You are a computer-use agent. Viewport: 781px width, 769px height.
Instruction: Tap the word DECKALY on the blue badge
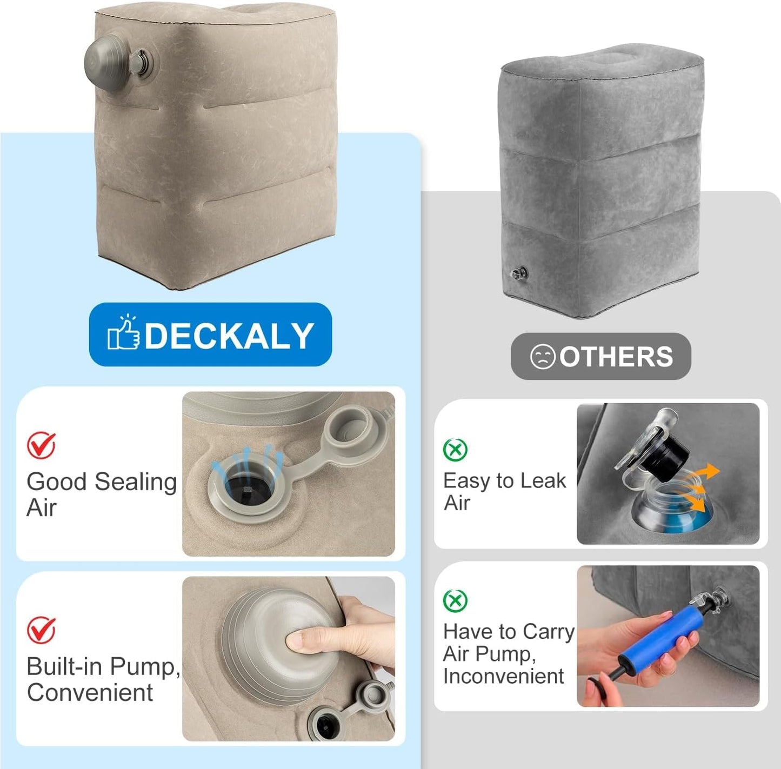pyautogui.click(x=229, y=335)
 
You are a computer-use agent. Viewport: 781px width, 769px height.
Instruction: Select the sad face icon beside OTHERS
pyautogui.click(x=542, y=357)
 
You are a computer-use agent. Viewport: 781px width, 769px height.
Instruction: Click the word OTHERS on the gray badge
pyautogui.click(x=617, y=357)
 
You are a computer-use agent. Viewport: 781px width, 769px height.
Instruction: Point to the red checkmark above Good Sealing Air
pyautogui.click(x=41, y=445)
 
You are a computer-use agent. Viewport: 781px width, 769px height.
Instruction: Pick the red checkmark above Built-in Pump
pyautogui.click(x=41, y=630)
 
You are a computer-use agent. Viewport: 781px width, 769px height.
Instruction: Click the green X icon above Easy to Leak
pyautogui.click(x=455, y=450)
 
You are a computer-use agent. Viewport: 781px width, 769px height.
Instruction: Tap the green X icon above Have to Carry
pyautogui.click(x=455, y=600)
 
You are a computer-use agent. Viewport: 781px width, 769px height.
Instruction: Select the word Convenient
pyautogui.click(x=90, y=692)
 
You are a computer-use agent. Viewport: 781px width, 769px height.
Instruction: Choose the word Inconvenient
pyautogui.click(x=503, y=676)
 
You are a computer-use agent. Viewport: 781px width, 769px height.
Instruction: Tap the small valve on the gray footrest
pyautogui.click(x=519, y=273)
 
